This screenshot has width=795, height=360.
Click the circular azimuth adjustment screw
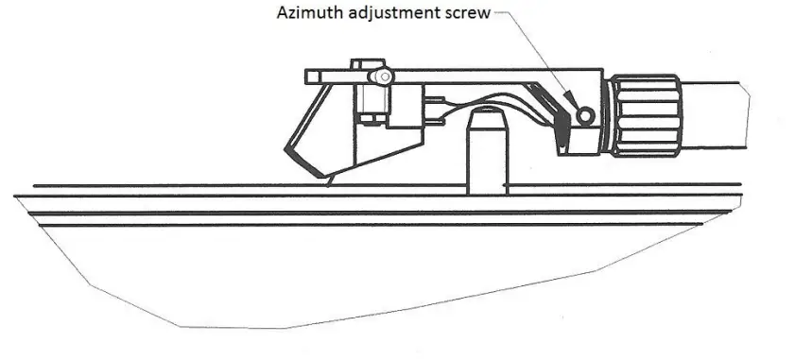tap(586, 115)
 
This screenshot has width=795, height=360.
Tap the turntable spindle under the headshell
tap(488, 156)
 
